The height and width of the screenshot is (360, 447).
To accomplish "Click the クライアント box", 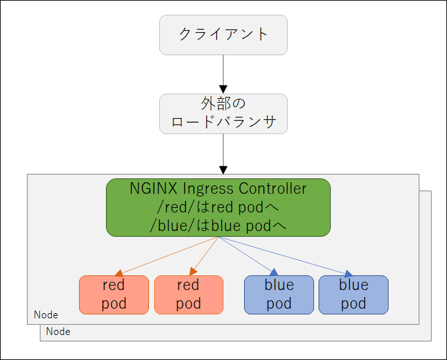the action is coord(223,35).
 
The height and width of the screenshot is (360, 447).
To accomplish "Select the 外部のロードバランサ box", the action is coord(223,114).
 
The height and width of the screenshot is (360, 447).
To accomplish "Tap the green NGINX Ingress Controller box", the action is coord(218,207).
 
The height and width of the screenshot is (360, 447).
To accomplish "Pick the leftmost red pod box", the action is coord(114,295).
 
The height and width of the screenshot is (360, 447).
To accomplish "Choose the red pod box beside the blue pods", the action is coord(188,295).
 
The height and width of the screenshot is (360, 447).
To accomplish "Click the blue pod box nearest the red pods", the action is coord(279,295).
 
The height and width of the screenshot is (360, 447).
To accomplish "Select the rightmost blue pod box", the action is coord(353,295).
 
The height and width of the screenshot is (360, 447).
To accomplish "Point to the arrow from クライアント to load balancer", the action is coord(223,74).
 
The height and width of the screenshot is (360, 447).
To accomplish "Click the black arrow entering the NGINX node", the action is coord(223,154).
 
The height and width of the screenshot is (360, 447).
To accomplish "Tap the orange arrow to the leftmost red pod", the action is coord(166,256).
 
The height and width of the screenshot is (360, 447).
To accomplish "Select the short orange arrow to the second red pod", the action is coord(204,256).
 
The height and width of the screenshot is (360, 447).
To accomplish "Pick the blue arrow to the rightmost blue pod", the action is coord(286,257).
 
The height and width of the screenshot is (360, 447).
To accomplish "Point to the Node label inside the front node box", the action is coord(46,314).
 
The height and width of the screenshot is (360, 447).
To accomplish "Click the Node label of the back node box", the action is coord(58,332).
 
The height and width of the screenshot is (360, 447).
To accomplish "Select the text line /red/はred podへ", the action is coord(218,207).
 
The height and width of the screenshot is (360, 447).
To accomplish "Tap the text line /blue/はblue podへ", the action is coord(218,226).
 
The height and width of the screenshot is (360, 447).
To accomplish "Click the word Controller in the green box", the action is coord(272,188).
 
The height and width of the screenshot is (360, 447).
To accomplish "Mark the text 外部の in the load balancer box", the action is coord(223,103).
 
